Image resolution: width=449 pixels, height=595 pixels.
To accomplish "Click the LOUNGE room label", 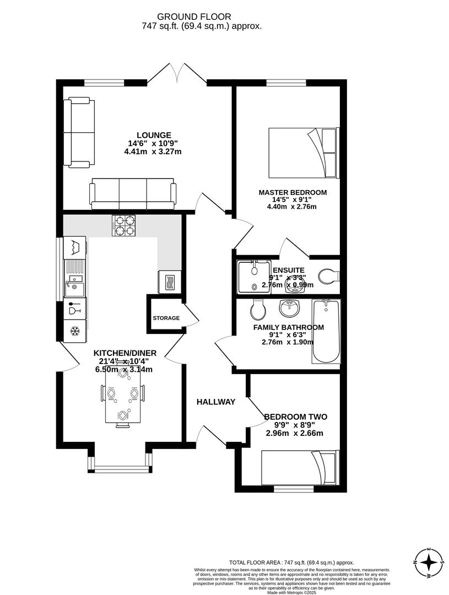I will click(154, 135).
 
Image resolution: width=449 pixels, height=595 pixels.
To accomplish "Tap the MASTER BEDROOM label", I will click(293, 192).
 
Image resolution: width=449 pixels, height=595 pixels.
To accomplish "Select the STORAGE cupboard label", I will click(166, 318).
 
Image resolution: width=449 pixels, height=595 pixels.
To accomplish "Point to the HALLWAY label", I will click(216, 402).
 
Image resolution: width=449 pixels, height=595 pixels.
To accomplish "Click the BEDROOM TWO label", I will click(295, 417).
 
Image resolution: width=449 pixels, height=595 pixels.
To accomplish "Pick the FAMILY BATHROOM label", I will click(288, 327).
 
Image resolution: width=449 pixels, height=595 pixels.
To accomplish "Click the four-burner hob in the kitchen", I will click(125, 225).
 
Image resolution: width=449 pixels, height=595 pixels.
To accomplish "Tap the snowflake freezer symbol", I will click(74, 331).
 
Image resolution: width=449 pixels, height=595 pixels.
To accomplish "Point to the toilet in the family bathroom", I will click(257, 310).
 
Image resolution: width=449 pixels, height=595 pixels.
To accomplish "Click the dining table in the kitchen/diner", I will click(122, 396).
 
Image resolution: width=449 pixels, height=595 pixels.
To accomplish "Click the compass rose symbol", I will click(428, 562).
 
